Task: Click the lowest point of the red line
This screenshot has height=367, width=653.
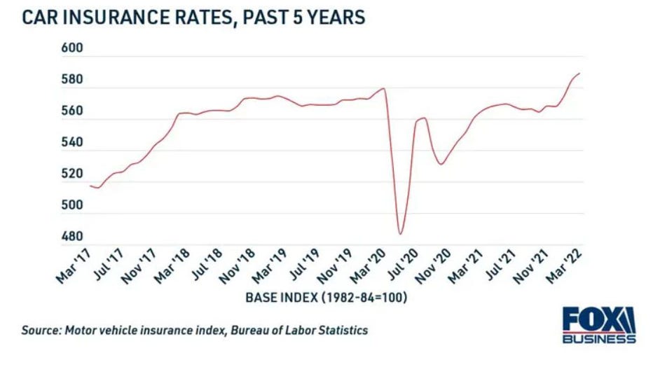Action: [400, 234]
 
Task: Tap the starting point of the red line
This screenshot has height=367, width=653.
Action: [90, 186]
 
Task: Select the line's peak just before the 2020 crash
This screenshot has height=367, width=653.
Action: [384, 88]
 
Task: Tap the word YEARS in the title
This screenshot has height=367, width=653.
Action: [334, 17]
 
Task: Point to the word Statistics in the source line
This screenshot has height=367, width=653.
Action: [341, 330]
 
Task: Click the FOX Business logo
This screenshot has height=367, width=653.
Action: [599, 325]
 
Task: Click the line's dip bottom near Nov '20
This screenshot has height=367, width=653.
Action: [441, 164]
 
